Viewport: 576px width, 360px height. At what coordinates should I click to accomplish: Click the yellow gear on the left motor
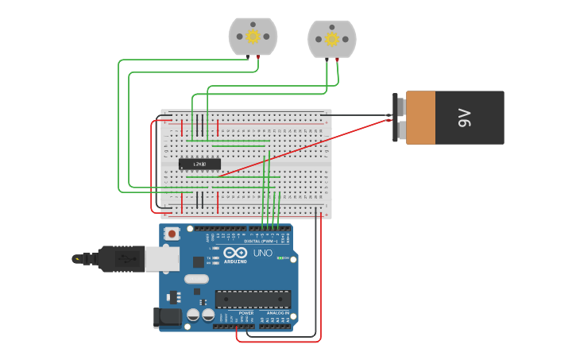pos(253,36)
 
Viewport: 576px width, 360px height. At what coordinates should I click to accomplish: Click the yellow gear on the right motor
pos(332,39)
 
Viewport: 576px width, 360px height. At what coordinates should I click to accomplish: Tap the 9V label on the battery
pos(465,118)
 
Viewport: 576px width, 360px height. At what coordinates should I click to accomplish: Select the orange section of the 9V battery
pos(420,118)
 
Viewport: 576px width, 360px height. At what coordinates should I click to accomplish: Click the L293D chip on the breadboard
pos(199,165)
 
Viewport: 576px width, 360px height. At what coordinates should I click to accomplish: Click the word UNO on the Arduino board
pos(262,253)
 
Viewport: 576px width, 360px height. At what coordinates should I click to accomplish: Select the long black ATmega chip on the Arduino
pos(253,299)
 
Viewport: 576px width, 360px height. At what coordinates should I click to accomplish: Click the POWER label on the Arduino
pos(246,313)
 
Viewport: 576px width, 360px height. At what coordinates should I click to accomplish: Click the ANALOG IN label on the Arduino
pos(277,313)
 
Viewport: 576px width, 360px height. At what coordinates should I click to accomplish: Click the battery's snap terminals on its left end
pos(399,118)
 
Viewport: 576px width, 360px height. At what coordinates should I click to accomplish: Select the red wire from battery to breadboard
pos(302,146)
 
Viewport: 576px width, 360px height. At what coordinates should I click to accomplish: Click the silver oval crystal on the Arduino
pos(196,279)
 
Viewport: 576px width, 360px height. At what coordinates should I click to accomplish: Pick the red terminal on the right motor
pos(337,60)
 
